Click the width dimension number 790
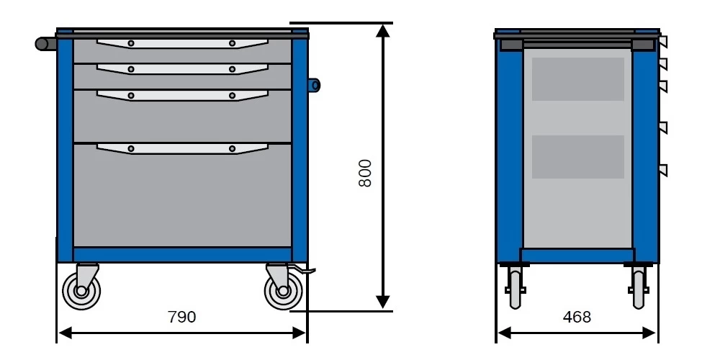pos(181,317)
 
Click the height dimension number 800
pos(365,173)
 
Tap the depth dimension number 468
pos(576,317)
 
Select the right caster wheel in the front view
pos(283,292)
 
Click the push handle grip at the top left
pos(45,44)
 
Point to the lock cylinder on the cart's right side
pos(315,85)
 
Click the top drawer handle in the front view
pos(181,43)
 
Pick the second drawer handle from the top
pos(181,69)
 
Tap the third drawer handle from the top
pos(181,95)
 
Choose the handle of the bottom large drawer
pos(181,148)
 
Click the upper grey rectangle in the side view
pos(577,79)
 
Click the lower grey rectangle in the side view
pos(577,157)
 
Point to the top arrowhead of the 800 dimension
pos(383,30)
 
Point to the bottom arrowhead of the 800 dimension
pos(383,302)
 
